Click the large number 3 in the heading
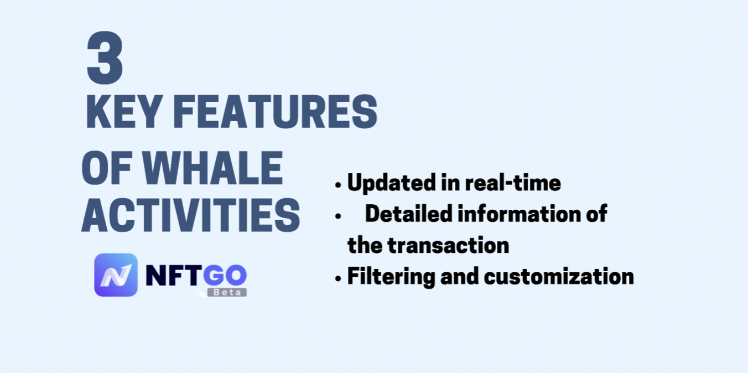105,58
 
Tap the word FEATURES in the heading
276,112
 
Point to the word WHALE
212,168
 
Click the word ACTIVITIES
191,215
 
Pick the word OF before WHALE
107,168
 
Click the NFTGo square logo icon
116,275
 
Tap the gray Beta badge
227,292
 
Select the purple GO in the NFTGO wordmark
225,275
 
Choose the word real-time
513,183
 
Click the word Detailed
409,214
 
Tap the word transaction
449,246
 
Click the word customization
559,277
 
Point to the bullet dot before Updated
338,185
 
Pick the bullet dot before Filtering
338,278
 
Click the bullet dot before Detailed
338,216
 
